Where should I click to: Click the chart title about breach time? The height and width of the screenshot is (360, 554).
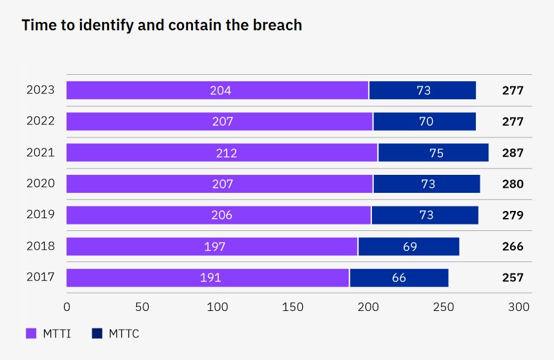point(162,25)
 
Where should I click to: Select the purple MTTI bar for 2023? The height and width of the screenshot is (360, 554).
point(217,90)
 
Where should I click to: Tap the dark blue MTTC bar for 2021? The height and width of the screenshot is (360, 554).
point(433,153)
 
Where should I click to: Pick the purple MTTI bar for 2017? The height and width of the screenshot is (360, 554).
point(207,278)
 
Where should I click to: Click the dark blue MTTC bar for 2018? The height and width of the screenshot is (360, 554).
point(409,246)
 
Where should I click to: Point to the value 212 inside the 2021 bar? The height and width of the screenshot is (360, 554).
point(227,153)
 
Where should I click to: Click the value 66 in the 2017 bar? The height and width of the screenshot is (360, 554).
point(399,278)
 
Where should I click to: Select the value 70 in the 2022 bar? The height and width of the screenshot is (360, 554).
point(426,121)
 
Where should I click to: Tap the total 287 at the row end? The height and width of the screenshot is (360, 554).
point(513,153)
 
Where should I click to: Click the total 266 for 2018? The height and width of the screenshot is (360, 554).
point(513,246)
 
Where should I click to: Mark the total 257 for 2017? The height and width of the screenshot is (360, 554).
point(513,278)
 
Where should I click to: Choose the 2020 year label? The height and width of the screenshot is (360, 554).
point(41,184)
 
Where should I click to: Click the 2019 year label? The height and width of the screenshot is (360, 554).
point(41,215)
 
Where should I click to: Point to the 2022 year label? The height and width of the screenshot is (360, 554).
point(41,121)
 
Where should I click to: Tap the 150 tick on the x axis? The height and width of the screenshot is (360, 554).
point(292,307)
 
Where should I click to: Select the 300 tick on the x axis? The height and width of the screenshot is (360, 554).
point(519,307)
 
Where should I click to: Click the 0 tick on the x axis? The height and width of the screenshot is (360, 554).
point(67,307)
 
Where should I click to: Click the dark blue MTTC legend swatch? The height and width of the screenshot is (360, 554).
point(97,334)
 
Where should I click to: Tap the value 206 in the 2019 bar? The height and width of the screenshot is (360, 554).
point(221,215)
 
